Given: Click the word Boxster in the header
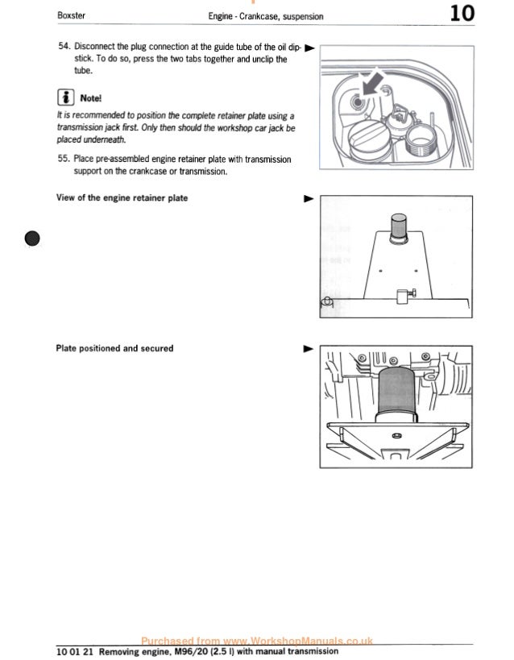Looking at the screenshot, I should pos(73,15).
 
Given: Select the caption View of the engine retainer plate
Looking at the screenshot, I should pos(122,197).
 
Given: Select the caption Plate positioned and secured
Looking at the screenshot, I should pos(114,348).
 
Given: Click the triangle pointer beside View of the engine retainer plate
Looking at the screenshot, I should pos(306,197).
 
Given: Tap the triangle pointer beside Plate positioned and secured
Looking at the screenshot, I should pos(306,349).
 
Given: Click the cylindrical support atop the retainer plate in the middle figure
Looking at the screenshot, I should pos(399,226).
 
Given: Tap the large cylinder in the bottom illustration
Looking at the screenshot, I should pos(398,392).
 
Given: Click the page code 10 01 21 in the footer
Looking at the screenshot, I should pos(75,651).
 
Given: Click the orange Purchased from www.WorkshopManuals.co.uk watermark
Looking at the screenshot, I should pos(256,640).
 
